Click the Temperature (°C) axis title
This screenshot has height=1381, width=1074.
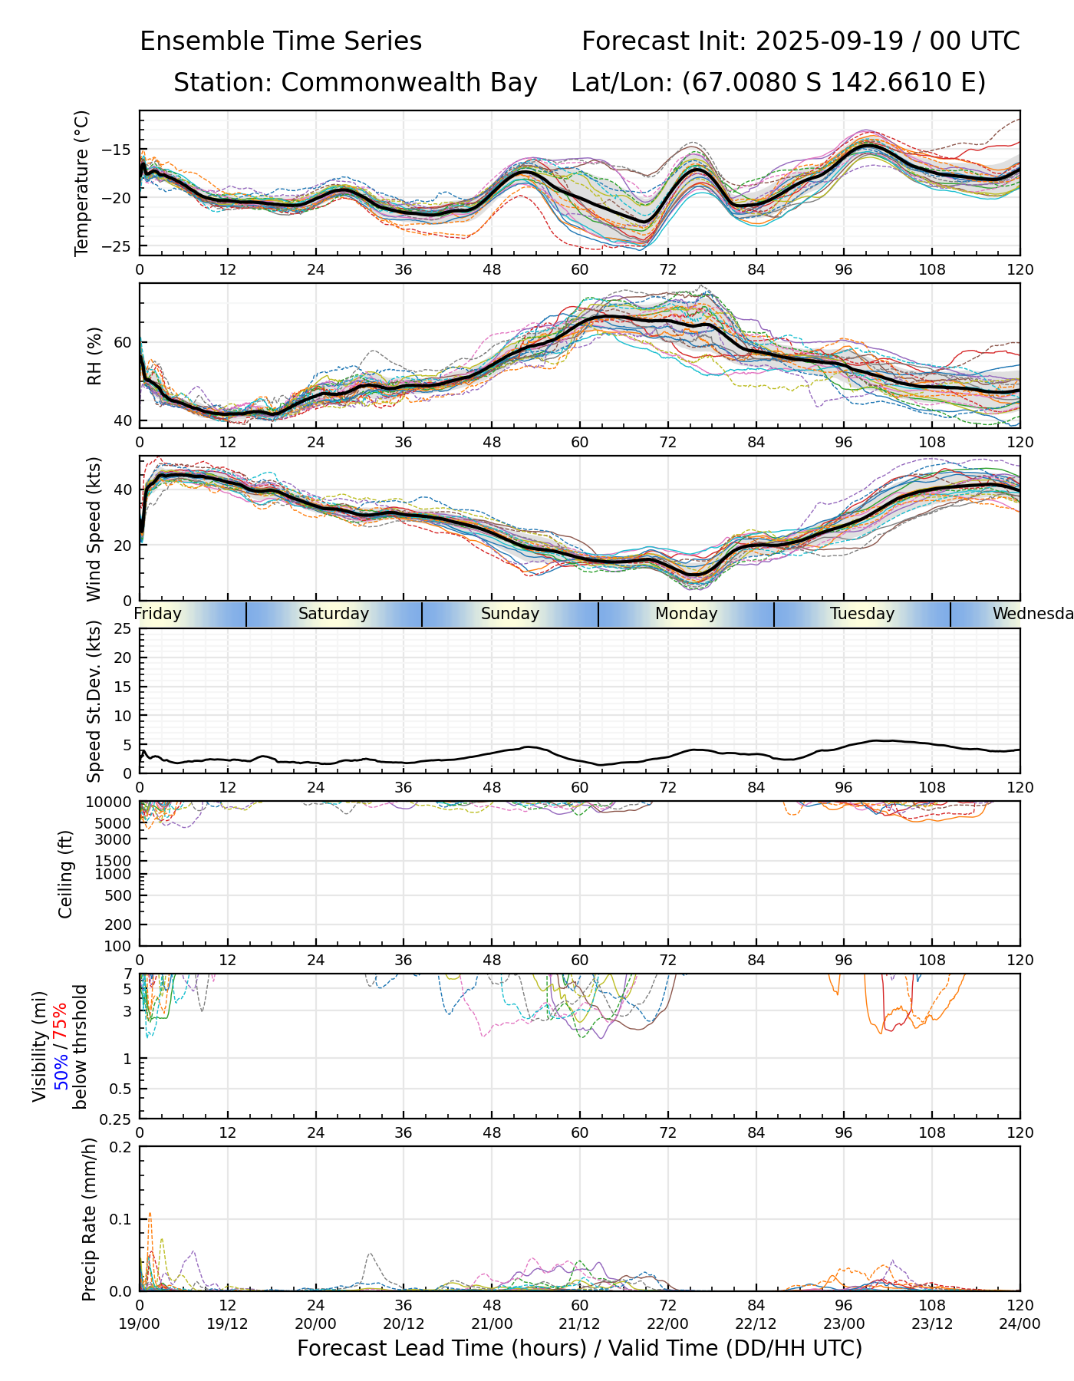(x=82, y=183)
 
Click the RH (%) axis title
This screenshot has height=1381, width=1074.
(x=94, y=355)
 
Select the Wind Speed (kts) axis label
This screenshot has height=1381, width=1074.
(x=94, y=529)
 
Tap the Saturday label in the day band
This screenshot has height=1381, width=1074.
(x=334, y=614)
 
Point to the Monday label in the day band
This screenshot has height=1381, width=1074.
(x=687, y=614)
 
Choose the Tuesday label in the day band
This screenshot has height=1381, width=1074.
(x=862, y=614)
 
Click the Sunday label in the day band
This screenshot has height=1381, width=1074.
(x=510, y=614)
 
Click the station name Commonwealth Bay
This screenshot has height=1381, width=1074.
(x=409, y=83)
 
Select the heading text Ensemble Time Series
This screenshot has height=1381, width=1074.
(x=281, y=41)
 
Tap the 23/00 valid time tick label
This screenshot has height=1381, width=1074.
(x=844, y=1323)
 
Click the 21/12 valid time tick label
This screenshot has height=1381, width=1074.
(x=580, y=1323)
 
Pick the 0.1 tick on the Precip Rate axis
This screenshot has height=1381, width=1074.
(x=120, y=1219)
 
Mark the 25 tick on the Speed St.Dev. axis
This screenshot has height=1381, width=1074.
(x=123, y=629)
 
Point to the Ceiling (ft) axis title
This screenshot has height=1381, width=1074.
(x=66, y=874)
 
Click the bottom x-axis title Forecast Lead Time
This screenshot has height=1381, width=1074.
(x=579, y=1348)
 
